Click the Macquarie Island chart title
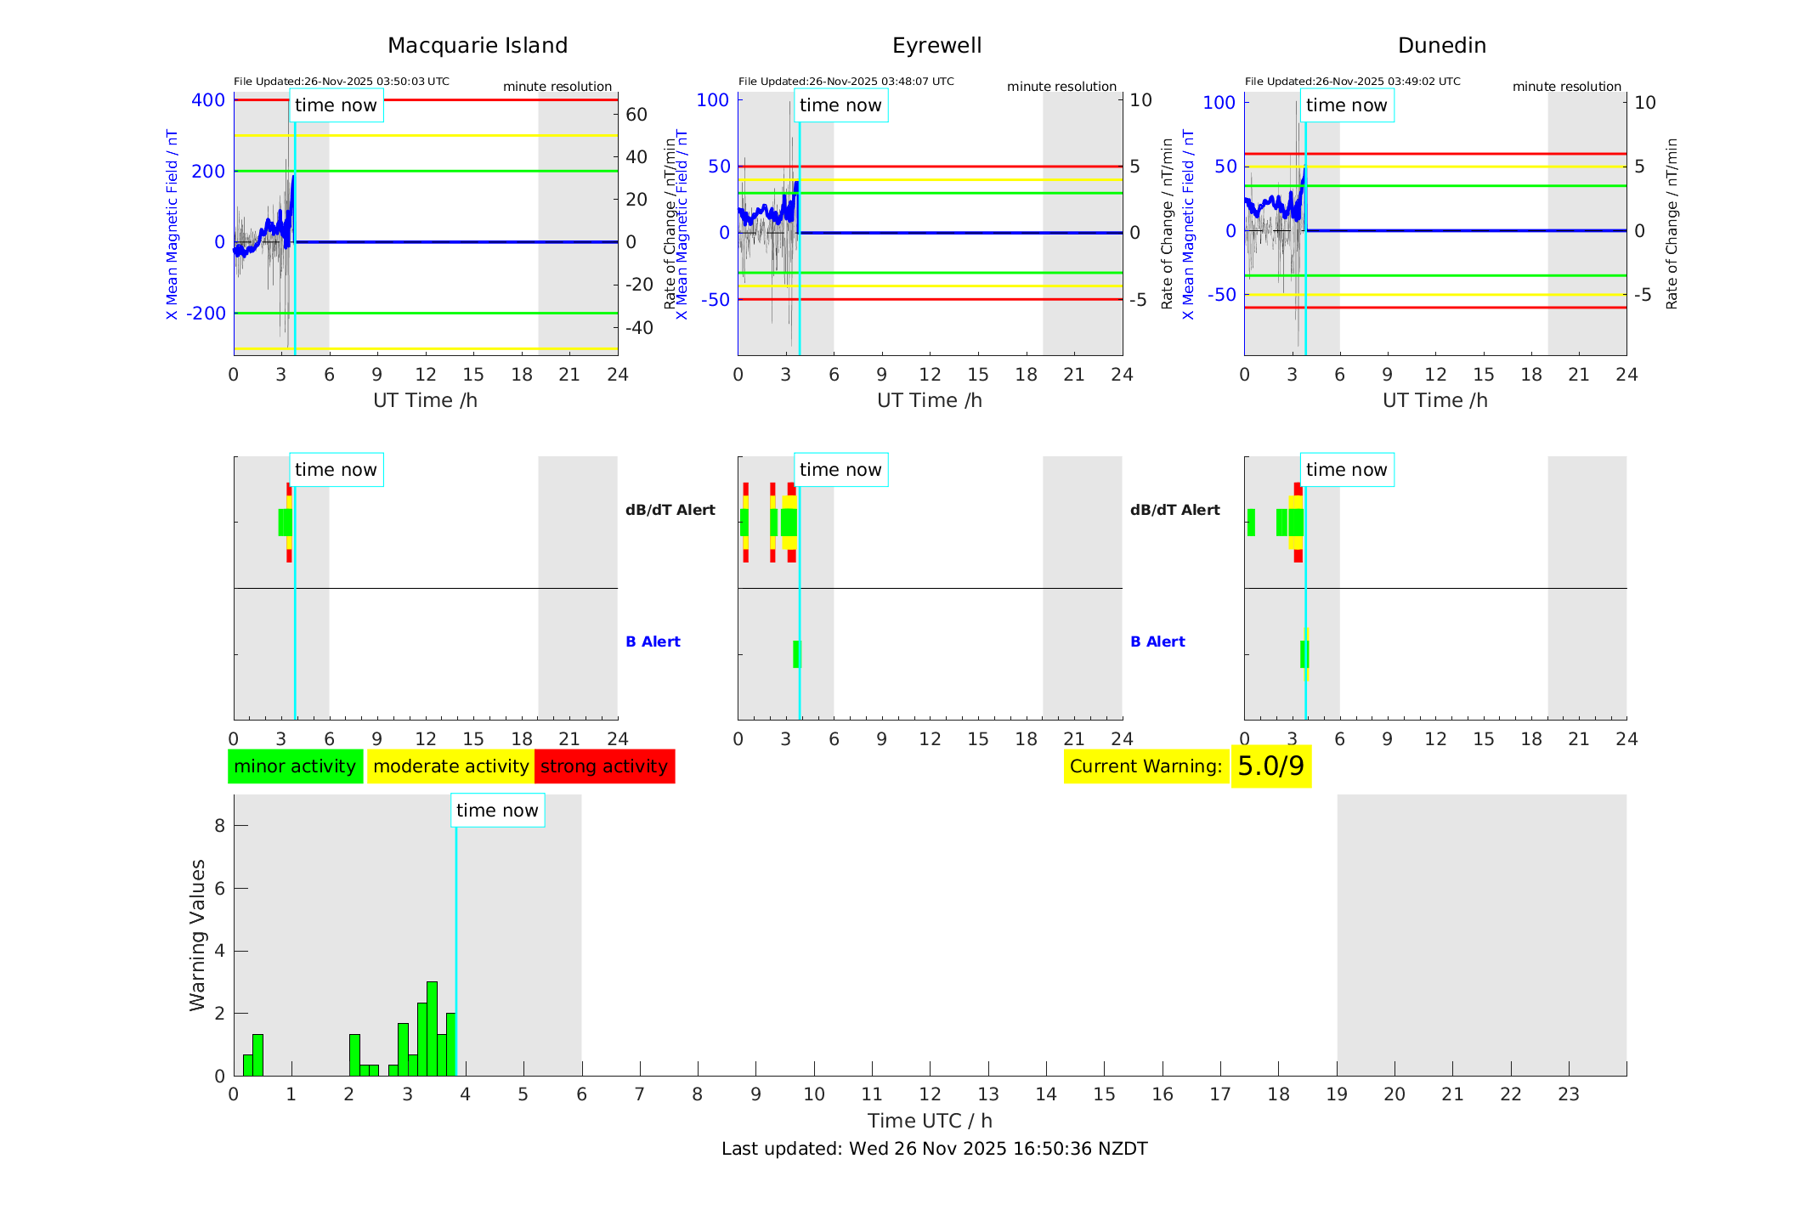click(478, 46)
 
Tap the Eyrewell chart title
click(936, 46)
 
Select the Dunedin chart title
click(1441, 46)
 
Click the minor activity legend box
click(295, 766)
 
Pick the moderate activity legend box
click(450, 766)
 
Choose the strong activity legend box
click(604, 766)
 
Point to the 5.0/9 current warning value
click(1270, 766)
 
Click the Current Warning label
click(1146, 766)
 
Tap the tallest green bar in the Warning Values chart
click(432, 1028)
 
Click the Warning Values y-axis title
click(198, 935)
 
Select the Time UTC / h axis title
click(930, 1121)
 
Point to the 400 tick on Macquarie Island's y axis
click(208, 100)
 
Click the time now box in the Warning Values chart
click(497, 811)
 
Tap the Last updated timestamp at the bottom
click(934, 1149)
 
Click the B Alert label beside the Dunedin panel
click(1157, 642)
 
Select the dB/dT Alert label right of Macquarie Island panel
click(670, 510)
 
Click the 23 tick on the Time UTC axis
click(1568, 1094)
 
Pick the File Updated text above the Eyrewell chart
click(846, 82)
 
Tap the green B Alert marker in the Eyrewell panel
click(796, 654)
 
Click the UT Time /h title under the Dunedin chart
click(1434, 400)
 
